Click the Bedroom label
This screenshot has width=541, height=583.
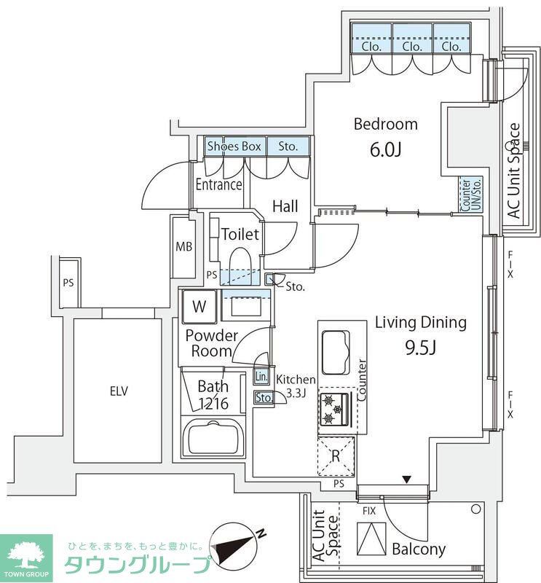(386, 124)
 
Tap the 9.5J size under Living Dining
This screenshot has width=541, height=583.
(420, 348)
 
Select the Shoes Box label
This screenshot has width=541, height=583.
(234, 146)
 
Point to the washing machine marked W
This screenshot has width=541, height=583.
(200, 307)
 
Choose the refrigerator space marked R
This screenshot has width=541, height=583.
(336, 456)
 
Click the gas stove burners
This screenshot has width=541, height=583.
(333, 409)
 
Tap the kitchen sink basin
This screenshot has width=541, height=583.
(336, 352)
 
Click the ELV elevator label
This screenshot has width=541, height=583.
(119, 391)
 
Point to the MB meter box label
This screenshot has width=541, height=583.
(184, 246)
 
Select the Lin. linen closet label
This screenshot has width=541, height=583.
(261, 377)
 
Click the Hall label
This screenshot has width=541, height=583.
(285, 206)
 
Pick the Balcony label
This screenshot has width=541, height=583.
(419, 549)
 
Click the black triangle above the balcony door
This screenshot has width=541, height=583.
(407, 480)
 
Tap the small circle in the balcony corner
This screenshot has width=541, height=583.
(476, 509)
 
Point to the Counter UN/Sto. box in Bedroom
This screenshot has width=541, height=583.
(471, 195)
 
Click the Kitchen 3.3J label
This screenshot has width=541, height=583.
(296, 386)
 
